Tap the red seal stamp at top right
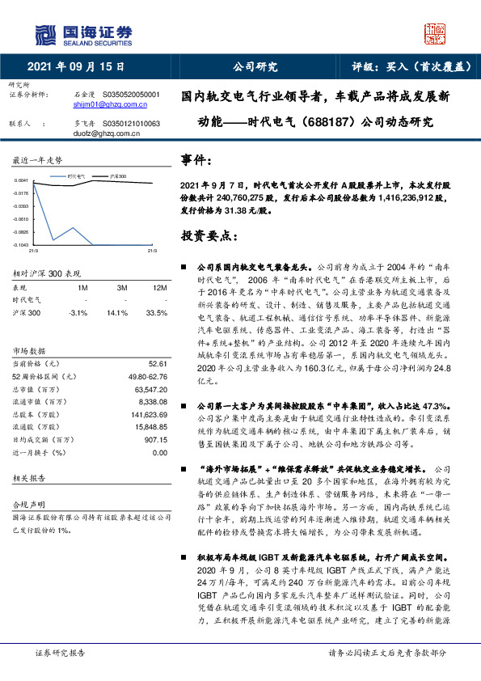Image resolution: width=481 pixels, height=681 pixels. click(x=436, y=33)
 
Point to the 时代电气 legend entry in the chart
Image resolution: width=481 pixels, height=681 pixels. click(x=74, y=175)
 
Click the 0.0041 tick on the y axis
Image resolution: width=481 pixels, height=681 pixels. click(x=22, y=180)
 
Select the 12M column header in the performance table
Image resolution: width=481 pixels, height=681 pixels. click(x=159, y=287)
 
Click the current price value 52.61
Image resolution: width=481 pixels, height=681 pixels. click(x=158, y=364)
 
